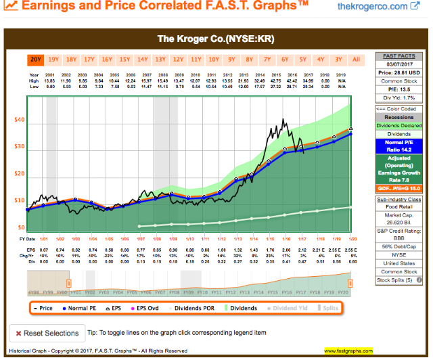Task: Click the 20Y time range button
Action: [36, 59]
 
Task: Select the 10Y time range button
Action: [213, 59]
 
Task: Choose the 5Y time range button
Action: [302, 59]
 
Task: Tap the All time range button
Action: [356, 59]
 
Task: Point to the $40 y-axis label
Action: [20, 120]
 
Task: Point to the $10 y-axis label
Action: [20, 201]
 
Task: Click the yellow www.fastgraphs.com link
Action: [348, 351]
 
